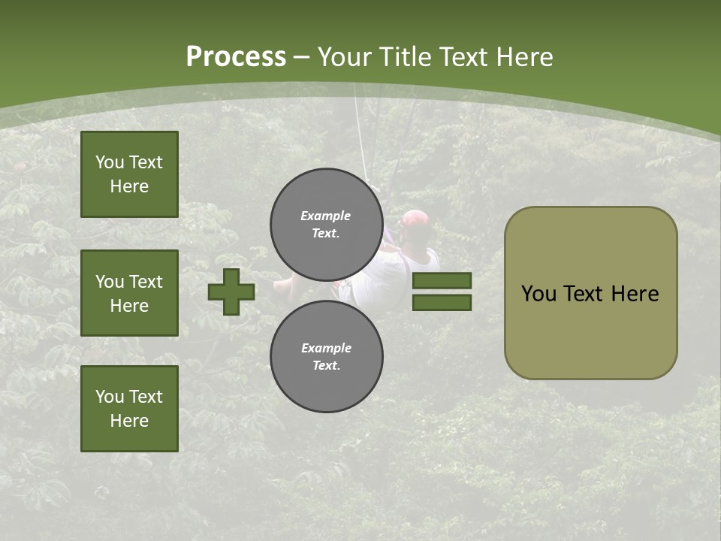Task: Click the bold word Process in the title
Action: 236,57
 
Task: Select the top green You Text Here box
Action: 129,174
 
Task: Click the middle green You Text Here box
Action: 129,293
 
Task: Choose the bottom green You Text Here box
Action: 129,409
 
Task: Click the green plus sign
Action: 231,292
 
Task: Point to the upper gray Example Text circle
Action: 326,224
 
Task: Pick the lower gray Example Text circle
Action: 326,356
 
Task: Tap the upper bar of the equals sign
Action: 442,280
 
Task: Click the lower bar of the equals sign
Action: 442,302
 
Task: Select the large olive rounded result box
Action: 590,293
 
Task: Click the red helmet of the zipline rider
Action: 415,219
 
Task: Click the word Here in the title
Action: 523,57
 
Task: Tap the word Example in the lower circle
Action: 326,348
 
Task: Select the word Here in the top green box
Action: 129,186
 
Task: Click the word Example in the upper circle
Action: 326,216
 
